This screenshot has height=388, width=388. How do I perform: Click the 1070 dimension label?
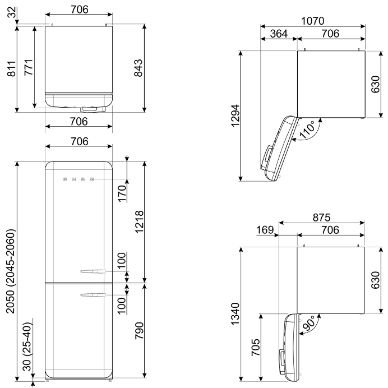point(312,21)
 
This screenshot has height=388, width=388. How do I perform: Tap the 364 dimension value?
point(279,34)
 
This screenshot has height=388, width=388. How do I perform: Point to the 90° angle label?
point(310,324)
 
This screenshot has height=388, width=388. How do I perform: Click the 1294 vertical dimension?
point(235,116)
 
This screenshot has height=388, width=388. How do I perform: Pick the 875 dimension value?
point(321,218)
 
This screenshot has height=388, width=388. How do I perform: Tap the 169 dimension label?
point(265,230)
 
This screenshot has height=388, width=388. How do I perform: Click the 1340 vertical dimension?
point(235,314)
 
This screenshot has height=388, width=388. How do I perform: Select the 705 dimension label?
point(256,348)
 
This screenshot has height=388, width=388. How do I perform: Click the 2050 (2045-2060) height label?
point(11,271)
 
